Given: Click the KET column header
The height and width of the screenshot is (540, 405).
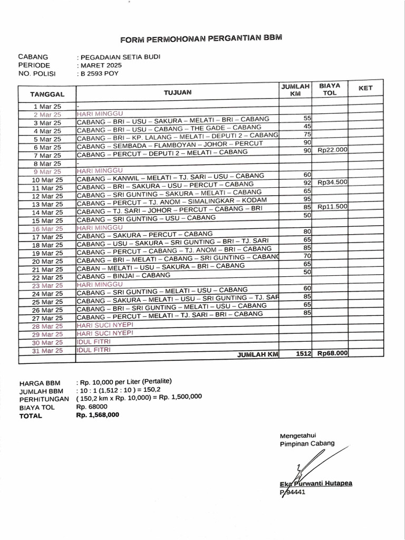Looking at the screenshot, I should coord(365,88).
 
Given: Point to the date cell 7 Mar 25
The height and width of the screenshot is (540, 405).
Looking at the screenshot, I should coord(47,156).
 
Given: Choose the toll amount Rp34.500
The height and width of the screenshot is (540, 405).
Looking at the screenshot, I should coord(332,182).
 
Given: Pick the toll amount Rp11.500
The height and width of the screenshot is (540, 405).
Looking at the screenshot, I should coord(332,207).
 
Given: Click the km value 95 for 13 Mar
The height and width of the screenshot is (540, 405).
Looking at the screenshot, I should coord(308,199).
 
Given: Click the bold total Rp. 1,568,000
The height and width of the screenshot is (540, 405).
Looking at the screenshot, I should coord(98,415).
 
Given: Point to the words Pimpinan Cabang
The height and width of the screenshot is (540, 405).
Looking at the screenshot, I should coord(307,444).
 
